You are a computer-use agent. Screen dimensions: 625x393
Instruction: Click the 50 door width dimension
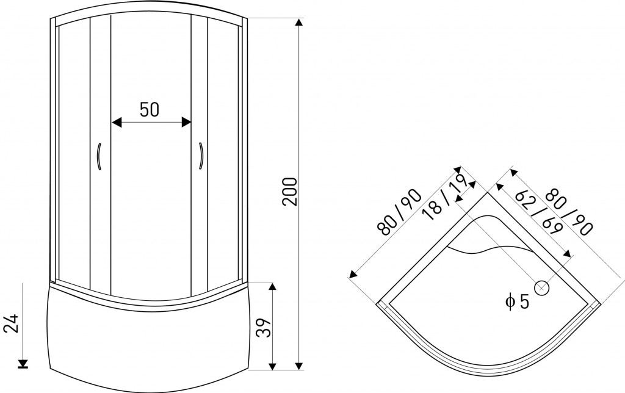click(150, 109)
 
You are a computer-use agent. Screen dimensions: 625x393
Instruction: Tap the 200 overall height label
click(290, 192)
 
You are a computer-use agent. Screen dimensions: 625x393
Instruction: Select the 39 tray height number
click(263, 328)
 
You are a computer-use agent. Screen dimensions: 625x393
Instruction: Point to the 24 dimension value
click(11, 323)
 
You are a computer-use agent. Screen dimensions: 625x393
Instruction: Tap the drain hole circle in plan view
click(542, 288)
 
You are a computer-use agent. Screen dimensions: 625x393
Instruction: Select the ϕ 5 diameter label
click(518, 301)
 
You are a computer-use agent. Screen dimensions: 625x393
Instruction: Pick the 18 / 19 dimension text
click(445, 197)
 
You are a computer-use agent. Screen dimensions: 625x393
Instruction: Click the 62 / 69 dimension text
click(539, 214)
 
